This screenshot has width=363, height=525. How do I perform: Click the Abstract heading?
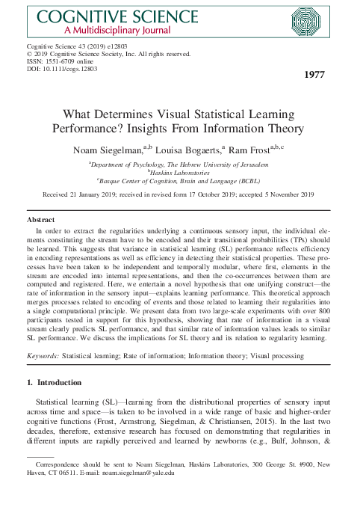[x=40, y=220]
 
